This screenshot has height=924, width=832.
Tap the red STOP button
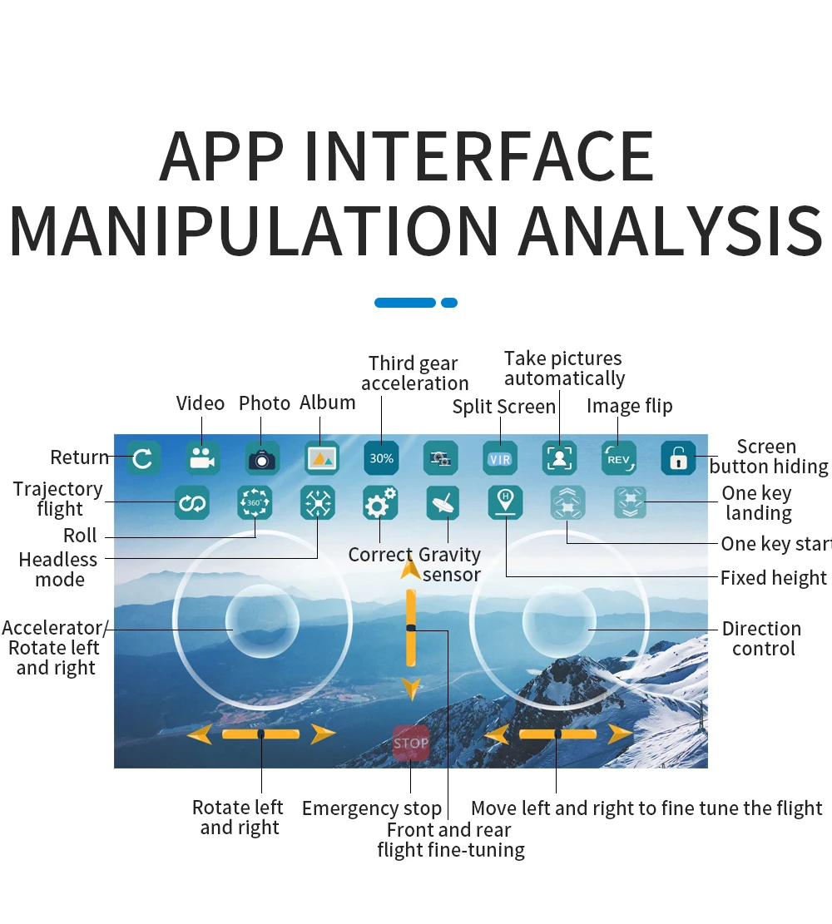[x=411, y=743]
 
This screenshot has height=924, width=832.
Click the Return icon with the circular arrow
[x=143, y=458]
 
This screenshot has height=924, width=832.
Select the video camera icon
[x=202, y=458]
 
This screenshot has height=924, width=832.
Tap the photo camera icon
[x=262, y=458]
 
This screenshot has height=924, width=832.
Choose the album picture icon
[x=322, y=458]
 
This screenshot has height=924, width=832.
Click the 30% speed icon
[x=382, y=458]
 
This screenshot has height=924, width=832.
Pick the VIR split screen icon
[x=500, y=458]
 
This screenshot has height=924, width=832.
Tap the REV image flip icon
[x=619, y=458]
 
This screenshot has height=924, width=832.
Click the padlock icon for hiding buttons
[x=678, y=458]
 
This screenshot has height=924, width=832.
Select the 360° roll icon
[x=255, y=503]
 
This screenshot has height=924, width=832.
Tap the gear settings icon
[x=380, y=503]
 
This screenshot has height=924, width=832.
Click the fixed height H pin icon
[x=505, y=502]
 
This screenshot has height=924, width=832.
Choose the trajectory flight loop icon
[x=192, y=503]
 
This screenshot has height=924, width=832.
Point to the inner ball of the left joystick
[x=262, y=620]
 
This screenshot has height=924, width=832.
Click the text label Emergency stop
[x=372, y=808]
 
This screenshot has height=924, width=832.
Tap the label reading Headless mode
[x=58, y=570]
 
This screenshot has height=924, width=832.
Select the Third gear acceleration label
[x=414, y=373]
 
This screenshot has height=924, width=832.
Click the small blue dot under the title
[x=449, y=303]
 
